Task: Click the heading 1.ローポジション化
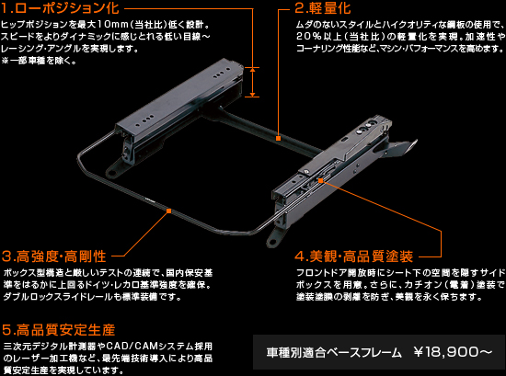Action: coord(60,8)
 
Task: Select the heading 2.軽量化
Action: coord(323,8)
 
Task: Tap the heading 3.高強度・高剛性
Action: coord(54,256)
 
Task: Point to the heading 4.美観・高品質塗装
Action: coord(353,256)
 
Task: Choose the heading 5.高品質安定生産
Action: coord(59,329)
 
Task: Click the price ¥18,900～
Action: coord(453,352)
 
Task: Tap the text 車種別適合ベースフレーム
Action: coord(334,352)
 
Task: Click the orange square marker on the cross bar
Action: coord(278,138)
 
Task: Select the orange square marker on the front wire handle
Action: coord(168,211)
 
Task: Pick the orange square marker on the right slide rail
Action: coord(320,180)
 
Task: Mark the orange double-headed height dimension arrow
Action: coord(252,82)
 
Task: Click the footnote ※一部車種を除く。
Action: coord(39,61)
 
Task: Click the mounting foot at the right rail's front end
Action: coord(273,237)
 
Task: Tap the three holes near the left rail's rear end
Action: coord(222,74)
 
